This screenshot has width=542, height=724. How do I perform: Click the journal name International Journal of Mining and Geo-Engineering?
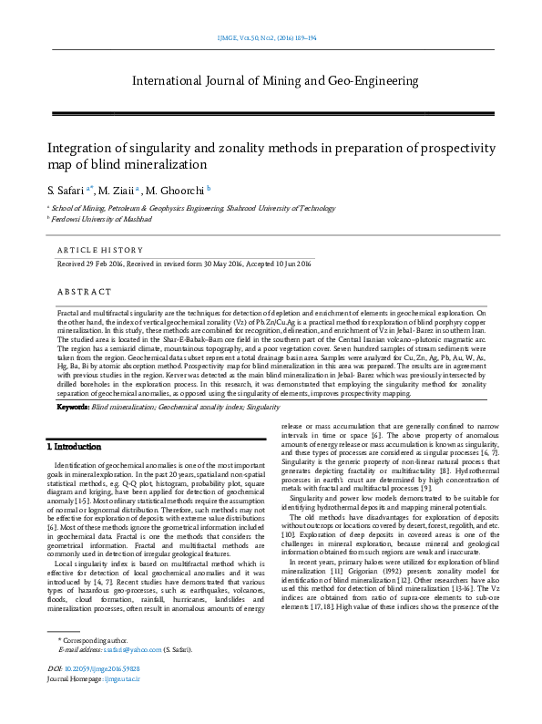275,81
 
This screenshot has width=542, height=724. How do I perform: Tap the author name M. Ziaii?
119,190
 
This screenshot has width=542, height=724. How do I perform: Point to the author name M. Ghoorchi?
179,190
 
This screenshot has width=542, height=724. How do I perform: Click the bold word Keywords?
72,406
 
